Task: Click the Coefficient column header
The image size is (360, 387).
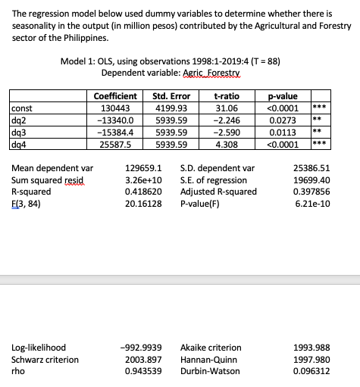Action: (115, 96)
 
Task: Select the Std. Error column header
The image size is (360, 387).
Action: (171, 96)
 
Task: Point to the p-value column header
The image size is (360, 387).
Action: (282, 96)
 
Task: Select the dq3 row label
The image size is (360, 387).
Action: (20, 131)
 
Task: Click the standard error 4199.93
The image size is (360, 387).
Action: (171, 108)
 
